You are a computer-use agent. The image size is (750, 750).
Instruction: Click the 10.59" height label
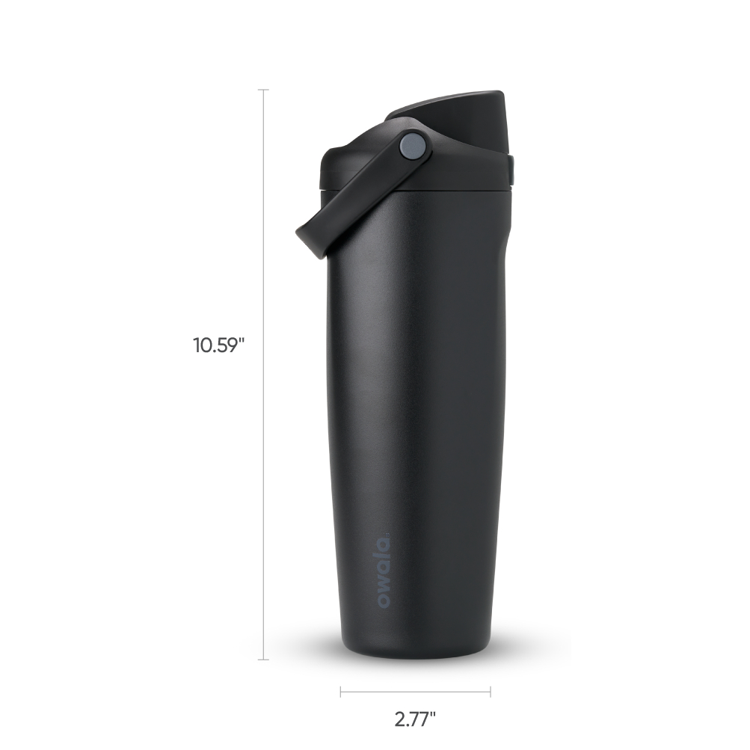[218, 345]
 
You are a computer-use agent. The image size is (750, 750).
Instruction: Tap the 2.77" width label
[415, 719]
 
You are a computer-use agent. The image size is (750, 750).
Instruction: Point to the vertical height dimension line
[263, 375]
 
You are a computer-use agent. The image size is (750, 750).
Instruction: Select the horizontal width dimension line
[415, 692]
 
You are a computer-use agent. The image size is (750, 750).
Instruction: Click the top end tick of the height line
[263, 90]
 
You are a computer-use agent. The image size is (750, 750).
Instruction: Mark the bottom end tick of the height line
[263, 660]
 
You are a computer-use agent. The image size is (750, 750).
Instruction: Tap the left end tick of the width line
[340, 692]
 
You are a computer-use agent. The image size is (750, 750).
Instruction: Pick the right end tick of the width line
[491, 692]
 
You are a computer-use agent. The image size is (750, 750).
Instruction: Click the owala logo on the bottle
[384, 572]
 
